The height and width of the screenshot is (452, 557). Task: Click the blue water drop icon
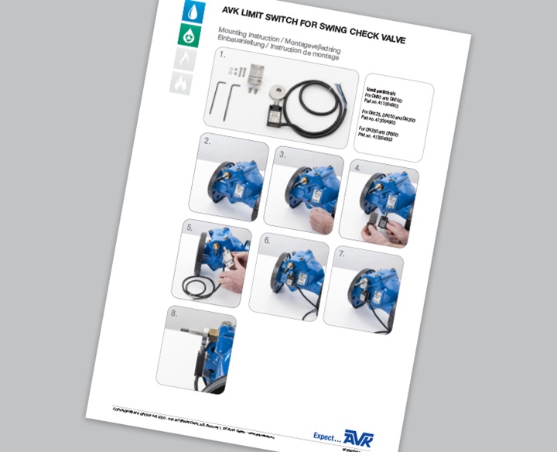click(x=190, y=11)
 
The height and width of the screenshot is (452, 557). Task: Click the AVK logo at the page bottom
click(x=357, y=438)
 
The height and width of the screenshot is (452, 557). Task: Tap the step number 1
click(x=222, y=56)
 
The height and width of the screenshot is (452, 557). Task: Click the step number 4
click(x=357, y=167)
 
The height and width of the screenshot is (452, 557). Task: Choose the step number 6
click(x=267, y=241)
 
